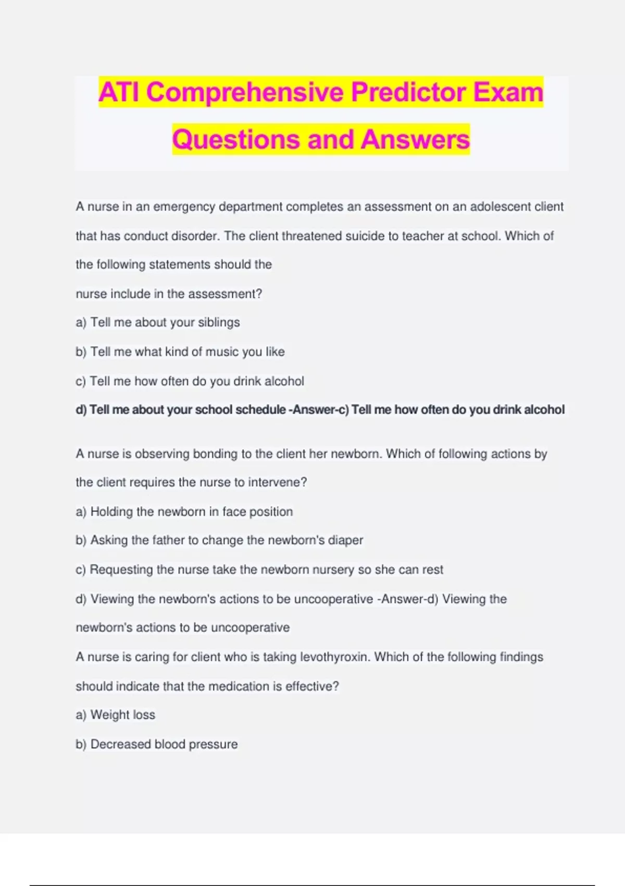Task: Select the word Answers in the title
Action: (415, 140)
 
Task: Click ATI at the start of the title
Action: (119, 92)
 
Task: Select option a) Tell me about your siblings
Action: (158, 323)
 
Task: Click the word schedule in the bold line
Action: (260, 410)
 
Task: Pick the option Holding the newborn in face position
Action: (184, 512)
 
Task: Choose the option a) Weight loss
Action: (116, 715)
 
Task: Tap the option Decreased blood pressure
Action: (157, 744)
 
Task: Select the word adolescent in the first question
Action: (501, 207)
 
